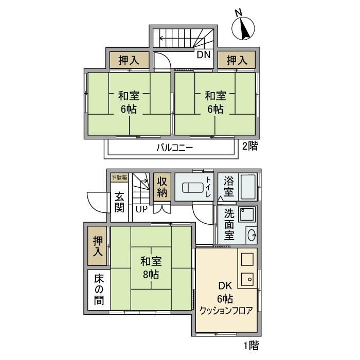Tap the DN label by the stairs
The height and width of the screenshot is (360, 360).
pyautogui.click(x=203, y=53)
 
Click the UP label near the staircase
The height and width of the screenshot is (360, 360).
pyautogui.click(x=141, y=209)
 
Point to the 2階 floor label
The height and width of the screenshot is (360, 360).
pyautogui.click(x=250, y=146)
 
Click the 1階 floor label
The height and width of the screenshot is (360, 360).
pyautogui.click(x=250, y=345)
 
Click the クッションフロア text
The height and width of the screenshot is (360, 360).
pyautogui.click(x=226, y=311)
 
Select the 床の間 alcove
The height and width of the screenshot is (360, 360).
pyautogui.click(x=98, y=290)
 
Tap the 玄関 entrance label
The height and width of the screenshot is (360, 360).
pyautogui.click(x=119, y=202)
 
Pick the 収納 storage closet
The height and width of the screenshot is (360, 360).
pyautogui.click(x=162, y=188)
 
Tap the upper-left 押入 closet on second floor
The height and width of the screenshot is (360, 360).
pyautogui.click(x=128, y=60)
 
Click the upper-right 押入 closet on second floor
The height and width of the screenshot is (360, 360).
pyautogui.click(x=237, y=60)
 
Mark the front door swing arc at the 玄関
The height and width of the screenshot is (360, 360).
pyautogui.click(x=96, y=201)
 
